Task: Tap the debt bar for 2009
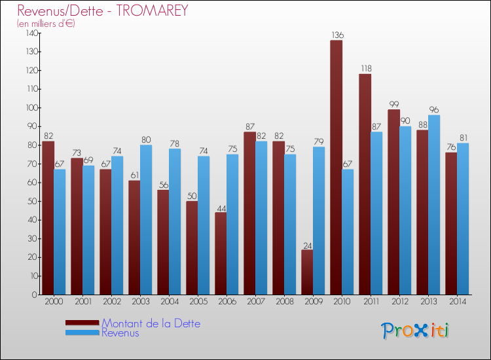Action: [307, 272]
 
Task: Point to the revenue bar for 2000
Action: [60, 232]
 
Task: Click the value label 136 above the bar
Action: [337, 35]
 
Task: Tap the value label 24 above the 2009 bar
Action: [307, 245]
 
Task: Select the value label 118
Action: [365, 69]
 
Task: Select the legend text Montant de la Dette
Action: [151, 323]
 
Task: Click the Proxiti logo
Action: [415, 331]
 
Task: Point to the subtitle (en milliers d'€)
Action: [46, 24]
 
